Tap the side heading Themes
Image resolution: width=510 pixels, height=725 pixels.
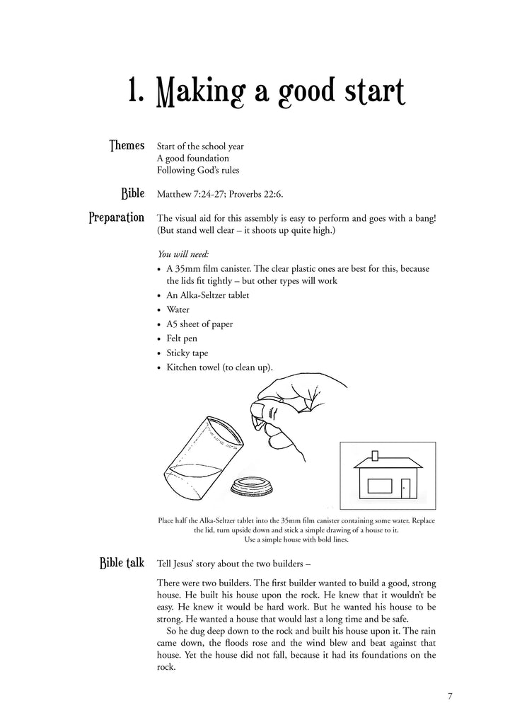[127, 145]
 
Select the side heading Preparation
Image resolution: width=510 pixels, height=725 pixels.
[117, 217]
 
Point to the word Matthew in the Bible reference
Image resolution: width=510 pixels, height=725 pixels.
[175, 193]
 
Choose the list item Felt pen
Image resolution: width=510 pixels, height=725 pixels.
[182, 338]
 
